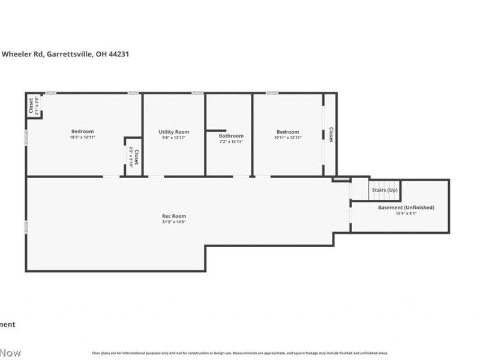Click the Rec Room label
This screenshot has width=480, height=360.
tap(174, 216)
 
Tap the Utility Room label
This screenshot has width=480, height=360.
tap(174, 132)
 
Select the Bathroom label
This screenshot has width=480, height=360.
tap(231, 136)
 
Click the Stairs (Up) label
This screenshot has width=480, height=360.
tap(384, 190)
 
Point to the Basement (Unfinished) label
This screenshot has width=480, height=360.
tap(406, 208)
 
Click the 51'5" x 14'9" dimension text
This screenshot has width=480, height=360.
tap(174, 222)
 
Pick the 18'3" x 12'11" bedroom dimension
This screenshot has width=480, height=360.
tap(83, 137)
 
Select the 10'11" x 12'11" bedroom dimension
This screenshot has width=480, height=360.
tap(287, 137)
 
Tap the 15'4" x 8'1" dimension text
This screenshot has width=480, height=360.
tap(406, 213)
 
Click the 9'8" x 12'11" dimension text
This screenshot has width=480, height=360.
tap(174, 137)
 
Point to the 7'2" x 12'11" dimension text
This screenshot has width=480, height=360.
tap(231, 142)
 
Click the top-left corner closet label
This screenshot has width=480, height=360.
tap(31, 106)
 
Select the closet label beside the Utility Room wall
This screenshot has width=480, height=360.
tap(136, 157)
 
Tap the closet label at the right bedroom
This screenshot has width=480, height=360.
tap(331, 134)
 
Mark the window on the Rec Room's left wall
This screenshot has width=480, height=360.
tap(26, 227)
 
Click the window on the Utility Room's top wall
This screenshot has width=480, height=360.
tap(197, 93)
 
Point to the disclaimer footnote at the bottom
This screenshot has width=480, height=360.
tap(240, 353)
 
